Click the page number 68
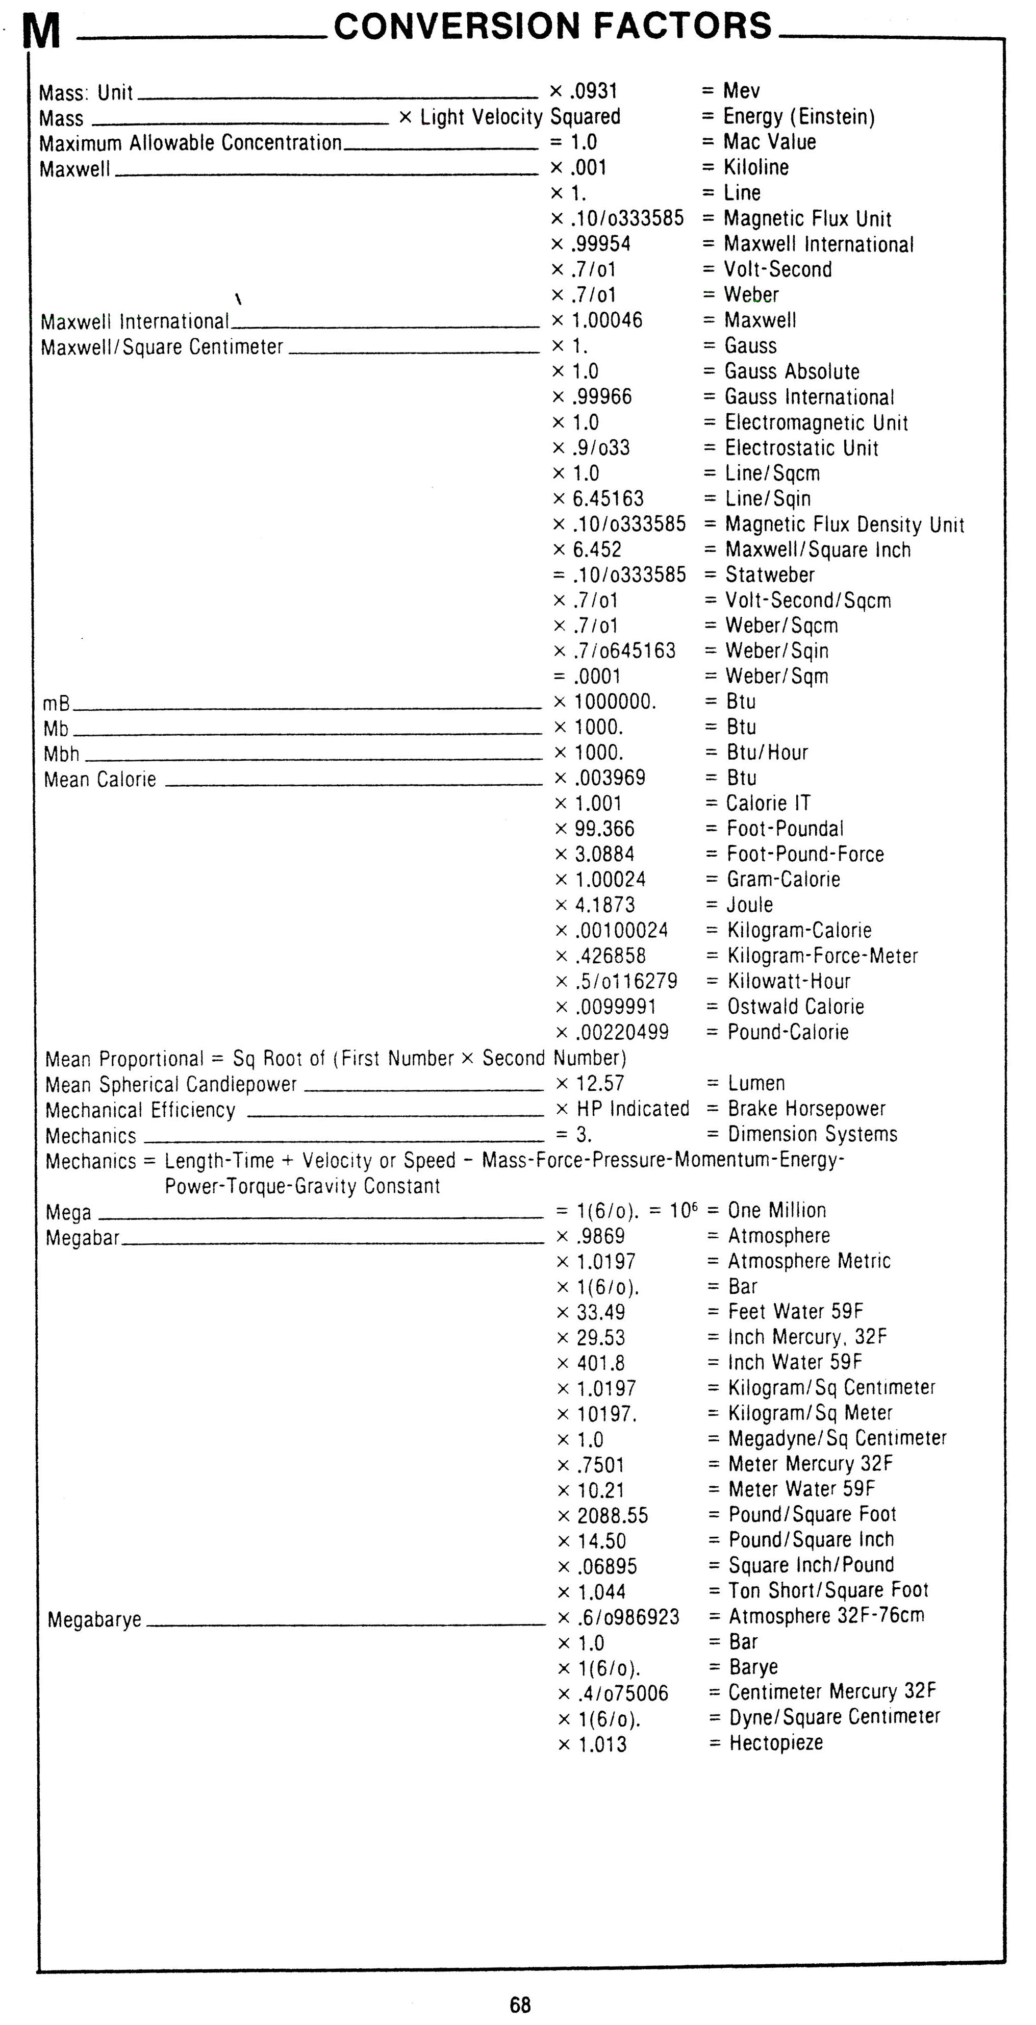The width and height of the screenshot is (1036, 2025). click(x=520, y=2004)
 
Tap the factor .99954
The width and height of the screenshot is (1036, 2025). click(x=600, y=244)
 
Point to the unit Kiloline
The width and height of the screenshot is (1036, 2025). click(x=755, y=167)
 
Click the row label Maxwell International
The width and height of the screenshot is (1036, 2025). click(x=135, y=321)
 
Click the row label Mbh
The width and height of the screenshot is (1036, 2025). click(x=61, y=754)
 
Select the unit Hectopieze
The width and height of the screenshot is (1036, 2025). click(x=776, y=1743)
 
